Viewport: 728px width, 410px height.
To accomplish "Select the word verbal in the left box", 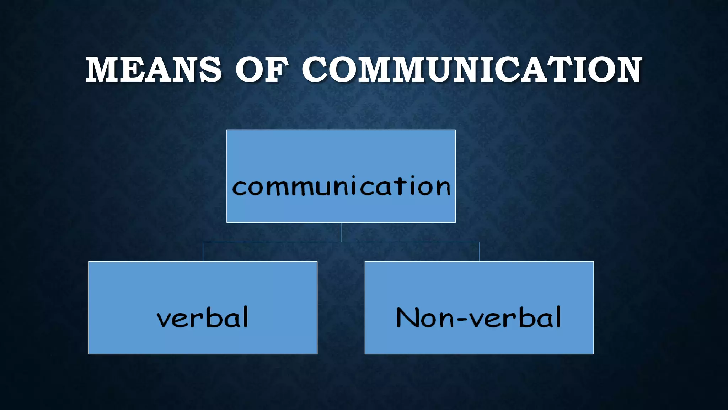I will (203, 317).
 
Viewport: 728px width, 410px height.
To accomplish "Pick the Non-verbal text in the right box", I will (479, 317).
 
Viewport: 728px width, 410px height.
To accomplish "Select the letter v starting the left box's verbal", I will (164, 320).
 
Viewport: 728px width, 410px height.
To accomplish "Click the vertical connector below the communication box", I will (341, 232).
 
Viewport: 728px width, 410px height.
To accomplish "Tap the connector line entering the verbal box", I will (203, 252).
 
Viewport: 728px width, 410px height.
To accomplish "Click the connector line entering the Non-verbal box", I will (479, 252).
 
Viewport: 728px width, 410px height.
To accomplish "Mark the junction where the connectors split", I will (341, 242).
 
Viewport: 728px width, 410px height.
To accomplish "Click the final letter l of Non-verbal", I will (558, 316).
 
